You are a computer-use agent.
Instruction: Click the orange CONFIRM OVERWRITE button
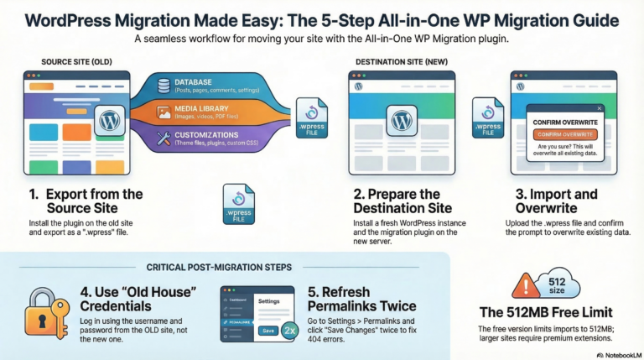pos(558,134)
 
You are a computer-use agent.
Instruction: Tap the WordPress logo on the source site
pos(110,119)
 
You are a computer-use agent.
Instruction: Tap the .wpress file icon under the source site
pos(238,205)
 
